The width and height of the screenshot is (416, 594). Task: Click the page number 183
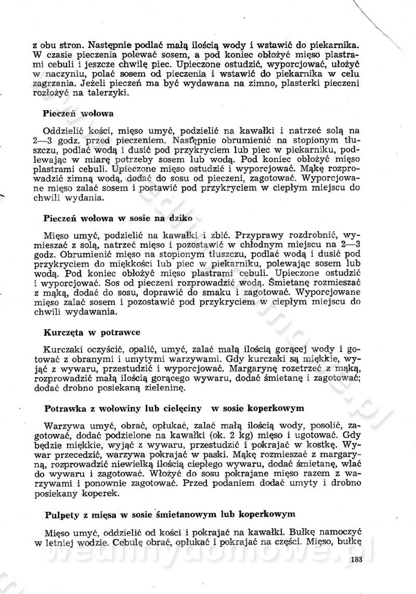click(356, 560)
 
